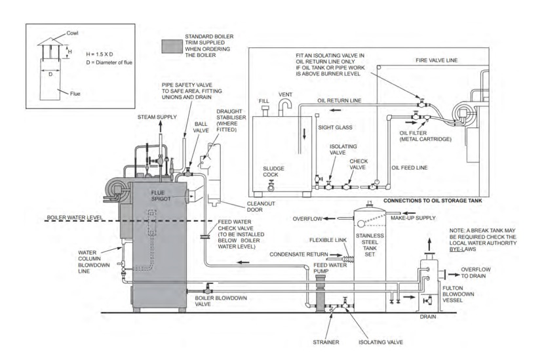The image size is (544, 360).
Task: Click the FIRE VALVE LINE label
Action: coord(437,60)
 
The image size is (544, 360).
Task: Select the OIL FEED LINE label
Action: coord(410,168)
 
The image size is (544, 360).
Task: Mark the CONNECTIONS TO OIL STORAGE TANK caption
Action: coord(434,200)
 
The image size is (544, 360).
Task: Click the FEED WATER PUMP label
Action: coord(321,268)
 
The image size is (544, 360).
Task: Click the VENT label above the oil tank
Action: coord(285,94)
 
